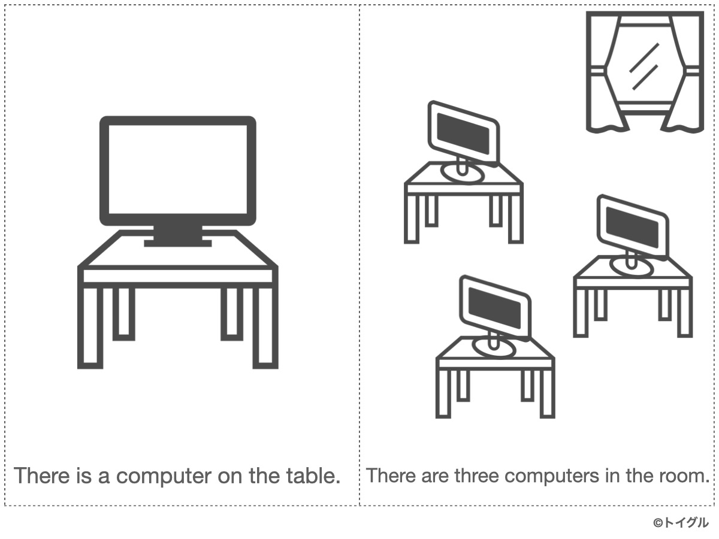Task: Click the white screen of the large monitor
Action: pos(178,169)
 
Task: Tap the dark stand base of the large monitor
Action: pos(178,243)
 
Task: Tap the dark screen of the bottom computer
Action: pos(494,308)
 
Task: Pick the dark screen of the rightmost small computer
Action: pos(632,228)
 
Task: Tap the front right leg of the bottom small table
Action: pos(548,394)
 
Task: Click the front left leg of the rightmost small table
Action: pos(581,313)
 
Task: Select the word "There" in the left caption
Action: pos(41,475)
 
